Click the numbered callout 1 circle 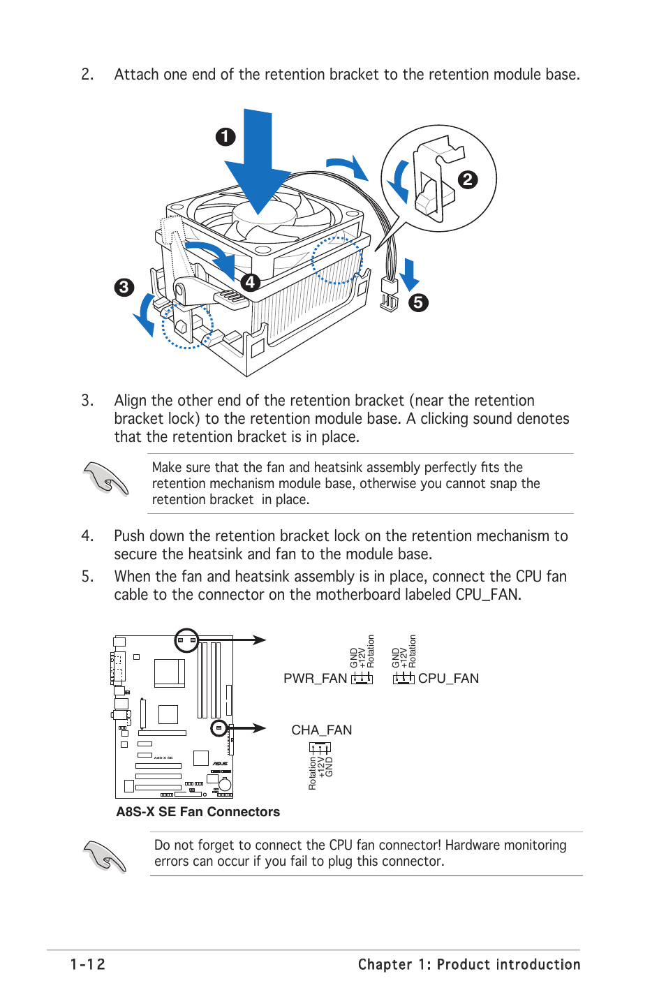pyautogui.click(x=225, y=136)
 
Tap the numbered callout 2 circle pyautogui.click(x=467, y=179)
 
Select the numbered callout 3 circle pyautogui.click(x=124, y=287)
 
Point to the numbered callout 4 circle pyautogui.click(x=250, y=282)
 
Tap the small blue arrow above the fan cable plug pyautogui.click(x=410, y=274)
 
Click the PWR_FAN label pyautogui.click(x=315, y=679)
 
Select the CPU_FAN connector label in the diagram pyautogui.click(x=448, y=679)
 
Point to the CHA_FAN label pyautogui.click(x=321, y=730)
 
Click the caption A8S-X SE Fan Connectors pyautogui.click(x=198, y=811)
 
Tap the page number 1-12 pyautogui.click(x=88, y=964)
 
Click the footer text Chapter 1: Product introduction pyautogui.click(x=468, y=964)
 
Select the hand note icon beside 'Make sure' pyautogui.click(x=105, y=479)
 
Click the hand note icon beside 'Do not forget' pyautogui.click(x=105, y=855)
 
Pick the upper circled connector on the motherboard pyautogui.click(x=186, y=640)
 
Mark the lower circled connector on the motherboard pyautogui.click(x=219, y=728)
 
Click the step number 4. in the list pyautogui.click(x=87, y=536)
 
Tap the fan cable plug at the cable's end pyautogui.click(x=389, y=293)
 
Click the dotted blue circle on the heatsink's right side pyautogui.click(x=337, y=260)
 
